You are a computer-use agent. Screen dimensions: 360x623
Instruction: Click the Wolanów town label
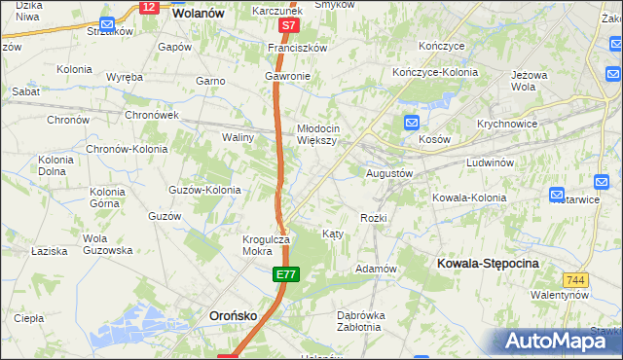[198, 14]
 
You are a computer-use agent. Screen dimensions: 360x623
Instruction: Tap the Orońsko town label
[234, 315]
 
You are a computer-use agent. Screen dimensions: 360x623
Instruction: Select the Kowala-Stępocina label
[489, 264]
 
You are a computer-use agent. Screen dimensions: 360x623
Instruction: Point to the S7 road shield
[287, 25]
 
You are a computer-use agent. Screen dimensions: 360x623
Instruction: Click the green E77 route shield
[285, 277]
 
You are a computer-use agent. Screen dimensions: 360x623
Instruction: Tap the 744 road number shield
[576, 280]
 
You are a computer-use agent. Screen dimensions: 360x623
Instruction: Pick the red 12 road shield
[148, 7]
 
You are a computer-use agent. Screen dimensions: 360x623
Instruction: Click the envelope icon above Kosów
[412, 124]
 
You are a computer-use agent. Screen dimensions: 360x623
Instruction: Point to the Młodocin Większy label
[318, 133]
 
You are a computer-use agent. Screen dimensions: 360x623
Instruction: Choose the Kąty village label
[332, 234]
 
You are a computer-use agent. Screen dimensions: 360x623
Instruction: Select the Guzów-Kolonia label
[204, 190]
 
